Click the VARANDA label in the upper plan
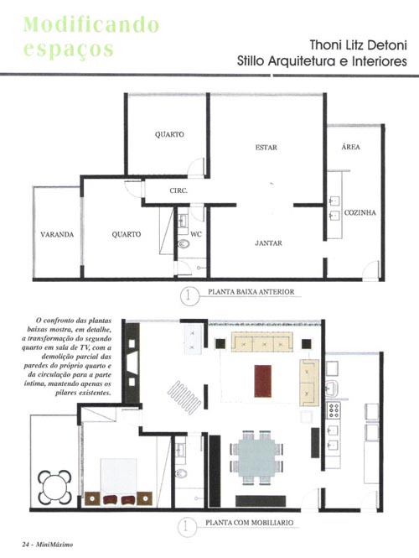[x=57, y=234]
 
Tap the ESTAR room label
[x=266, y=148]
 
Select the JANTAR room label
[x=268, y=243]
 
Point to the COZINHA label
[x=360, y=212]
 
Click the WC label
[x=196, y=234]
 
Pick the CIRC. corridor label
[x=178, y=190]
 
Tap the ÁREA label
[x=351, y=147]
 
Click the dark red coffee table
[x=263, y=381]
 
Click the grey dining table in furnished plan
[x=257, y=457]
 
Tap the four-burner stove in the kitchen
[x=334, y=410]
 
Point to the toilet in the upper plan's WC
[x=184, y=244]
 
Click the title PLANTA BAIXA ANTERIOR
[x=251, y=292]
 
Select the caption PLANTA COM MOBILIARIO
[x=250, y=523]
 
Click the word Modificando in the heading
[x=91, y=24]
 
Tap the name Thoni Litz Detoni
[x=358, y=45]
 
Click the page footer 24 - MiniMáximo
[x=47, y=545]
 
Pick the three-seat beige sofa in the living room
[x=262, y=342]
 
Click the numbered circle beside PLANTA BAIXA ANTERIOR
[x=189, y=296]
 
